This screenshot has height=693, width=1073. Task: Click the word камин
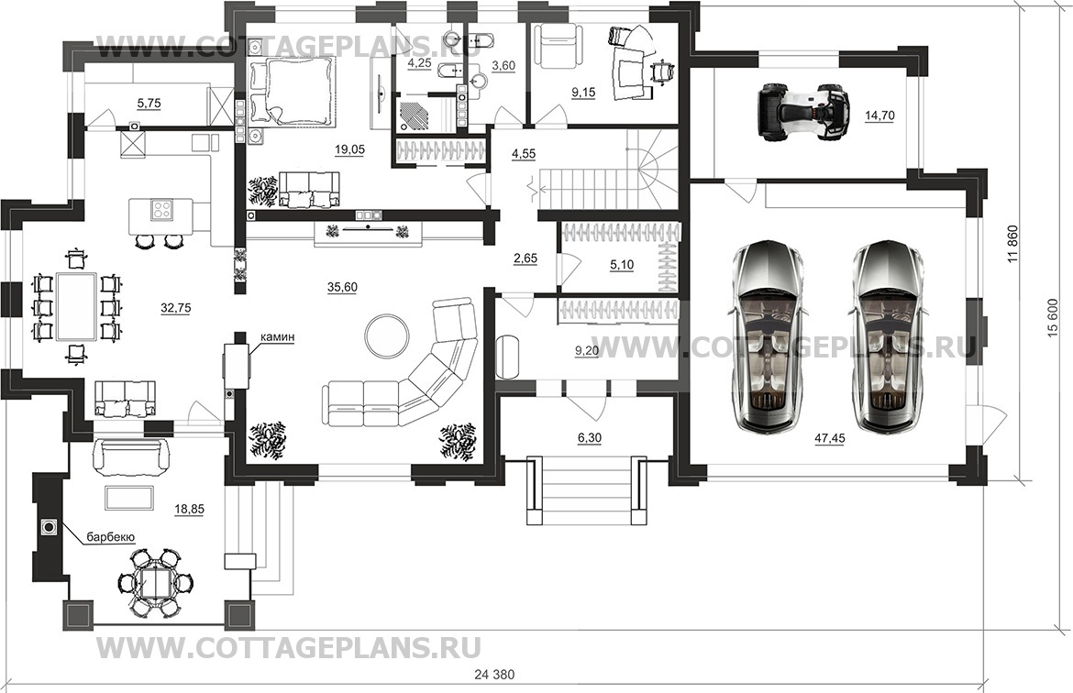tap(277, 338)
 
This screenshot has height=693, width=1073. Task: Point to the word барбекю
tap(111, 537)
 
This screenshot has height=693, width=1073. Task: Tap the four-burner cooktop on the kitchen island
tap(161, 209)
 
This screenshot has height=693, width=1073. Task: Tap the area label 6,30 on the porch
tap(589, 439)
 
